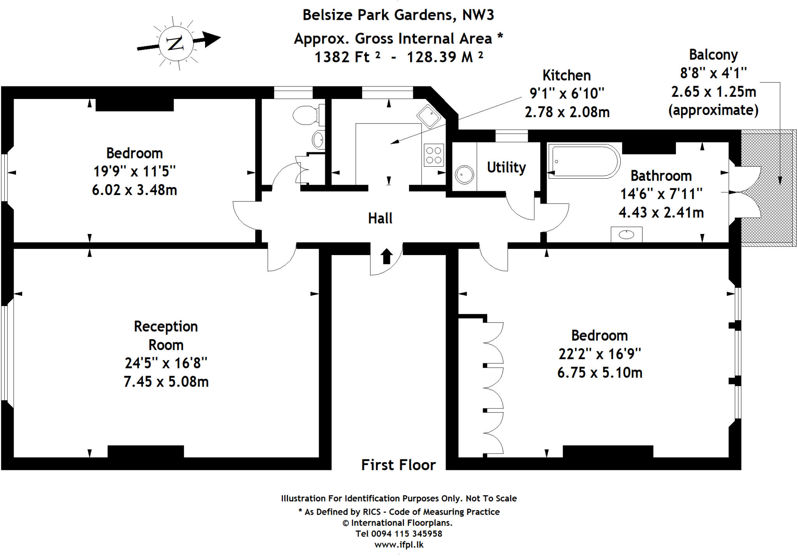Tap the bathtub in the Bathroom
(584, 161)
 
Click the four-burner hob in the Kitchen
(434, 155)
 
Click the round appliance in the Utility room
(464, 175)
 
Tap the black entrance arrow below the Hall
(386, 256)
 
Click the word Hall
(380, 218)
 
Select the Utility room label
(506, 167)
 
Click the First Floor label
(398, 465)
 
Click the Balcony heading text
(713, 55)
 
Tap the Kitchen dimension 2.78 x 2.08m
(567, 112)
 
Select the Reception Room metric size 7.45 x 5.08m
(166, 382)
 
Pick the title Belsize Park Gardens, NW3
(398, 15)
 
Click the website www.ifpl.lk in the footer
(398, 545)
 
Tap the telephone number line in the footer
(398, 533)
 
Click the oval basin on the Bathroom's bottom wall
(626, 234)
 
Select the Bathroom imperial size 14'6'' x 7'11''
(661, 194)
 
